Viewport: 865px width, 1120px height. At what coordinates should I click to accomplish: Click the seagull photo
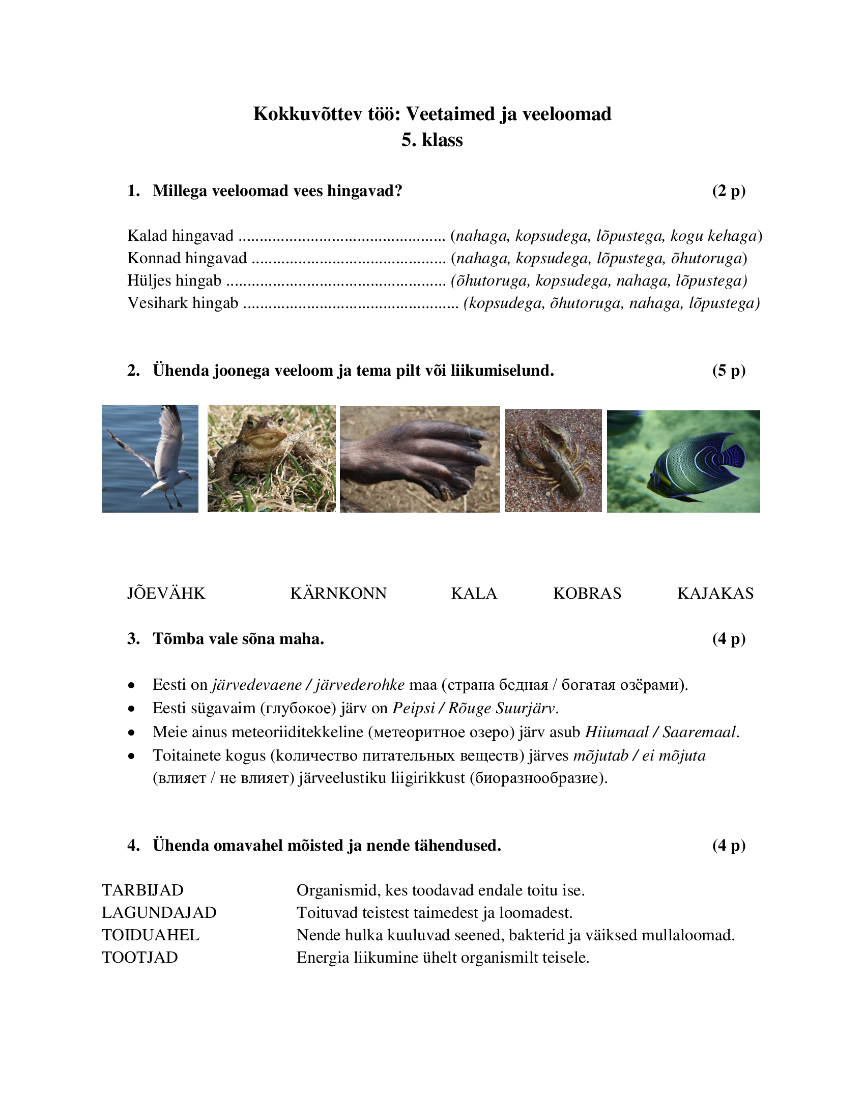tap(150, 459)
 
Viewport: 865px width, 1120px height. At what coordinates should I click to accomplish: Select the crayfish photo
tap(553, 460)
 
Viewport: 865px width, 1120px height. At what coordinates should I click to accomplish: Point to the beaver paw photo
tap(419, 459)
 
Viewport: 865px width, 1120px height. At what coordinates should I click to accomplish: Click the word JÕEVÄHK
tap(166, 593)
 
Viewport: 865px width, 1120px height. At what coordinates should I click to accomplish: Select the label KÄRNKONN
tap(338, 593)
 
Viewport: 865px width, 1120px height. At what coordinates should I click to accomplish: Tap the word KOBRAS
tap(587, 593)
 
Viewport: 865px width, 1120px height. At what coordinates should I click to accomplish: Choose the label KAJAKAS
tap(715, 593)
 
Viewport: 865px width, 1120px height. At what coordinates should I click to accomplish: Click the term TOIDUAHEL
tap(150, 935)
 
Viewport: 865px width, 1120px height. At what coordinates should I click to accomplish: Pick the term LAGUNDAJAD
tap(159, 912)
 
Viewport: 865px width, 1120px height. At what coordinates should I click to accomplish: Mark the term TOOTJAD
tap(139, 958)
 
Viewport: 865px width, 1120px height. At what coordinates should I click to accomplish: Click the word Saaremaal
tap(700, 732)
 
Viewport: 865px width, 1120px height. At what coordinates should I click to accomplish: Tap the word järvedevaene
tap(257, 685)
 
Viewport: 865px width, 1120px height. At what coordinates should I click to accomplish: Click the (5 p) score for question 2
tap(728, 370)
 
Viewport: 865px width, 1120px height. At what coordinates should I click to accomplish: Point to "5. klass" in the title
tap(432, 140)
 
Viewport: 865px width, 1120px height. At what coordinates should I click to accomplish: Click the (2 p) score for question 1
tap(728, 191)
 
